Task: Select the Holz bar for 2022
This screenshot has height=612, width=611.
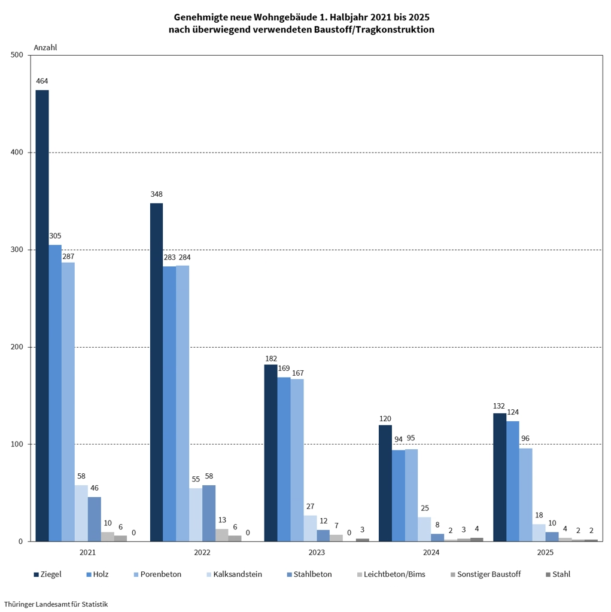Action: point(169,404)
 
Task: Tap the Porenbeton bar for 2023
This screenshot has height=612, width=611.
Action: point(297,460)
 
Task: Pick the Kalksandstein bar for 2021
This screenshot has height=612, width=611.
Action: point(81,513)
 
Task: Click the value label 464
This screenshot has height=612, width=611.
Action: point(42,81)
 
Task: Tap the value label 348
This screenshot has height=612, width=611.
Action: point(156,194)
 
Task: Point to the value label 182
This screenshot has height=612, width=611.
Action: point(271,358)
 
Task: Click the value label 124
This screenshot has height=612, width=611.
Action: point(513,412)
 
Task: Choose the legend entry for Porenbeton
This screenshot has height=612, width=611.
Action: point(160,574)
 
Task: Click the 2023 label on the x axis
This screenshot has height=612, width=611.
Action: point(317,553)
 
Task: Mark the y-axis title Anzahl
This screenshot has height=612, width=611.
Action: point(45,47)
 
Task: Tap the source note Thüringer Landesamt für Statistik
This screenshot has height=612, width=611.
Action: point(56,604)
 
